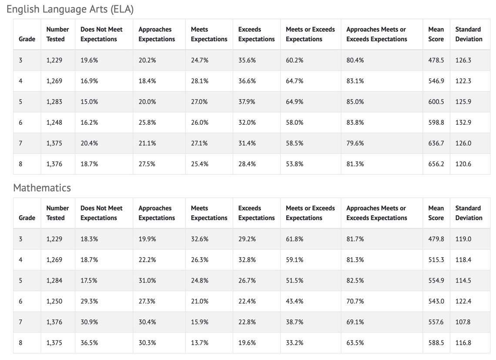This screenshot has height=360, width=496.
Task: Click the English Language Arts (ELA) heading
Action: tap(70, 9)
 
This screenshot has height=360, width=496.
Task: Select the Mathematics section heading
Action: tap(42, 187)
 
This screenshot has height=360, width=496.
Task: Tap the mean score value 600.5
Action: tap(436, 101)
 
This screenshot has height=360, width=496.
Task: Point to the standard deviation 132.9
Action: tap(463, 122)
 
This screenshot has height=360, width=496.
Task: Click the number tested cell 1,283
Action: tap(54, 101)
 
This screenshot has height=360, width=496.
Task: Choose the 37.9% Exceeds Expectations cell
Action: tap(247, 101)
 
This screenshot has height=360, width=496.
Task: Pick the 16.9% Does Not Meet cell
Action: tap(89, 81)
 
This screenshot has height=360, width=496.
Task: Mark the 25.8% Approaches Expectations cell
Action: tap(147, 122)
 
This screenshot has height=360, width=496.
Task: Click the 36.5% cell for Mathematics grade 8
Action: tap(89, 343)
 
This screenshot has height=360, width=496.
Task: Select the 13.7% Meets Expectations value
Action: tap(200, 343)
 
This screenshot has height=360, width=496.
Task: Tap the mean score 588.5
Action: tap(436, 343)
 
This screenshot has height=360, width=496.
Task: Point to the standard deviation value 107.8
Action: tap(463, 322)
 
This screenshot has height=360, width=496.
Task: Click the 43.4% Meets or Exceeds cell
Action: tap(295, 301)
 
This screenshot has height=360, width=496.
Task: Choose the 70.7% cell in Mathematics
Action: tap(355, 301)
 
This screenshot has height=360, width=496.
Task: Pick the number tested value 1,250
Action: tap(54, 301)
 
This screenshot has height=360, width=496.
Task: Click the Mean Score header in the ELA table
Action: tap(436, 34)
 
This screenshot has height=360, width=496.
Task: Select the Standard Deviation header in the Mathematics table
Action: tap(469, 213)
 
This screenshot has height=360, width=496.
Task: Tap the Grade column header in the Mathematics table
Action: tap(27, 217)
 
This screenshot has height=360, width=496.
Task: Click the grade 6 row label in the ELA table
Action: tap(20, 122)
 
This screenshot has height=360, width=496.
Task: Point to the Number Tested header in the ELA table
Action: tap(57, 34)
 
